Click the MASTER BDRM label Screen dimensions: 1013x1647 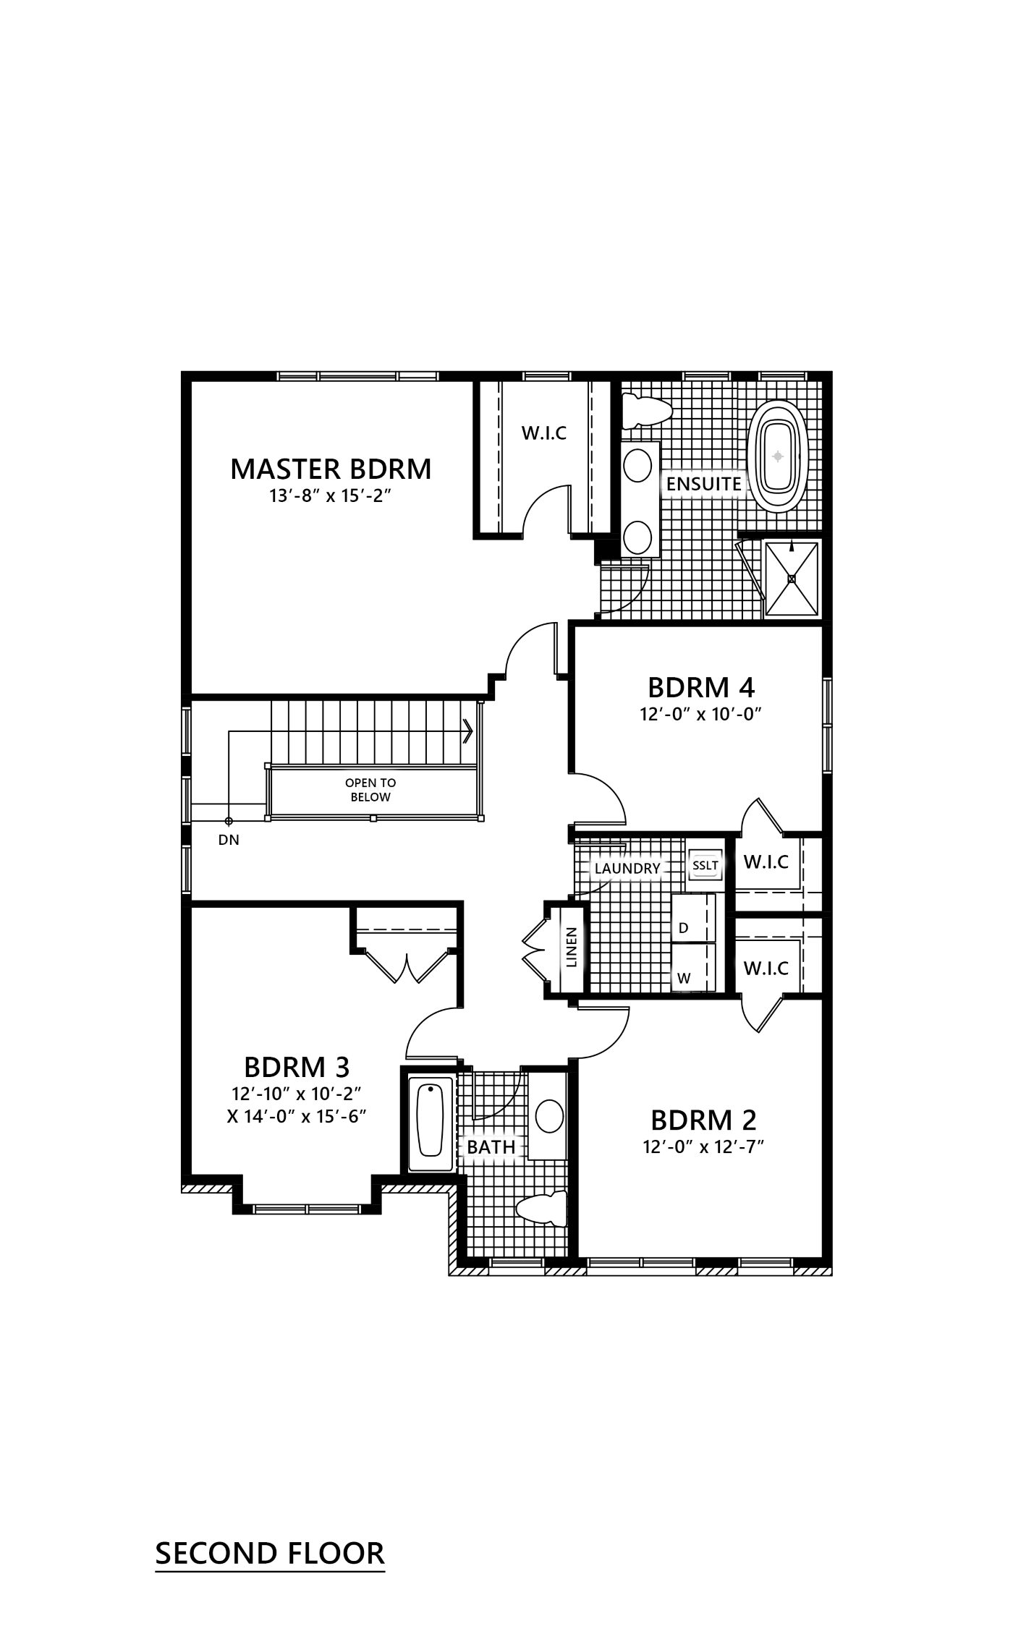(331, 469)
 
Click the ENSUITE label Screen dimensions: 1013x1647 (704, 484)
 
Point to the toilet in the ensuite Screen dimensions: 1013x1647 (647, 409)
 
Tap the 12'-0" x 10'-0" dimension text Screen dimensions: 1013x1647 (701, 715)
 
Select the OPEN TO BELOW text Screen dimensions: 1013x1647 (370, 790)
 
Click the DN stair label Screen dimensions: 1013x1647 (229, 840)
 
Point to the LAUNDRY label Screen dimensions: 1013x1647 (627, 868)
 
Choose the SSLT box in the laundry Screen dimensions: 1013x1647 (705, 865)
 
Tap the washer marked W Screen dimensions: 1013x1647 (693, 968)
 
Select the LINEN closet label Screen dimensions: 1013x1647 (572, 948)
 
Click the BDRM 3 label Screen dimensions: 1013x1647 (297, 1067)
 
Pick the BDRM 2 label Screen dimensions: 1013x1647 (703, 1120)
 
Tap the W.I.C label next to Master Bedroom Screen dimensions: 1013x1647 (544, 433)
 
